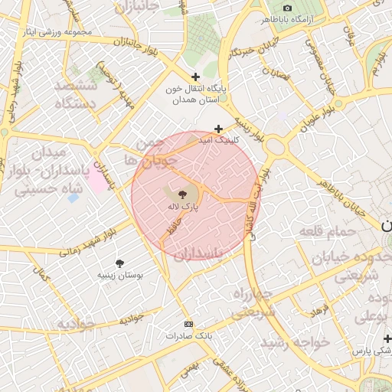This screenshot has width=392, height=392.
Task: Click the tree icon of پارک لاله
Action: point(181,195)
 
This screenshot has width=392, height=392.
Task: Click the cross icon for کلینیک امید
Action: point(218,129)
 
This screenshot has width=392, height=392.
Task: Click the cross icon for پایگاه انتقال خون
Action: point(196,77)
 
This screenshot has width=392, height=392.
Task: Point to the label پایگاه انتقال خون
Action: point(195,94)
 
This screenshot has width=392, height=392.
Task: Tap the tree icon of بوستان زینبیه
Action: point(119,263)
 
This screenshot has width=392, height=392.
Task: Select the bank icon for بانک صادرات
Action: point(189,324)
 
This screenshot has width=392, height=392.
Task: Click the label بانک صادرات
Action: point(189,335)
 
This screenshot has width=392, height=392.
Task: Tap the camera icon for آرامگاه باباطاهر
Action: point(288,7)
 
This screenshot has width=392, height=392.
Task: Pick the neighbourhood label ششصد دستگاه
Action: point(76,93)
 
